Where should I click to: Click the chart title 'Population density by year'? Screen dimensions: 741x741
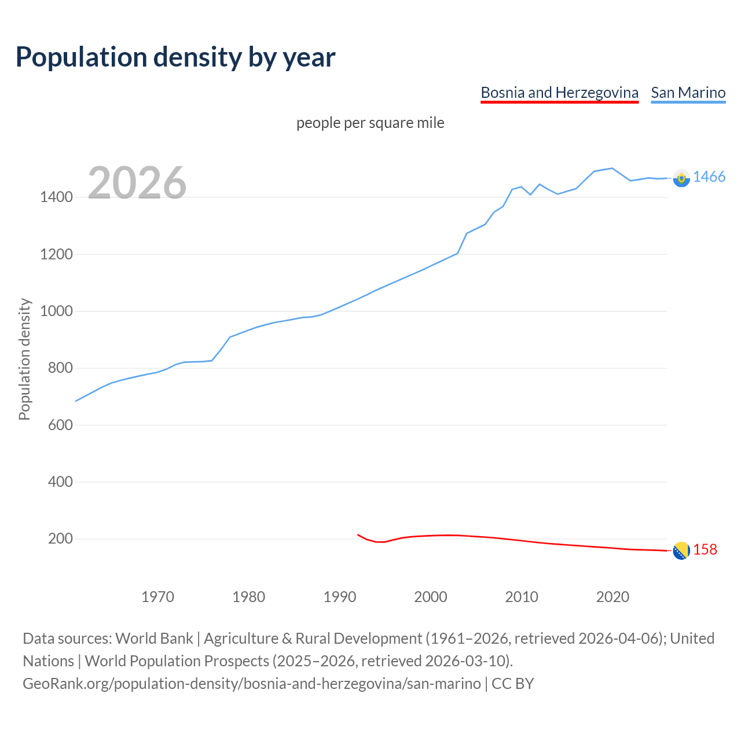pos(175,57)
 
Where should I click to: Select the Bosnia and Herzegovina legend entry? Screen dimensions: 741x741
pos(559,93)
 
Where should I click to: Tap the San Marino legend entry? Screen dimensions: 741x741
pos(688,93)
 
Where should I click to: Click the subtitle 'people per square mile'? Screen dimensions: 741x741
pos(370,123)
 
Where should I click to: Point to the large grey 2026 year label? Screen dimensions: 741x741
pos(137,183)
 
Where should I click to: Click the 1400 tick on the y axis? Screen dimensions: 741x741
pos(56,197)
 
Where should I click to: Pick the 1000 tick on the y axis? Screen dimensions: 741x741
pos(56,311)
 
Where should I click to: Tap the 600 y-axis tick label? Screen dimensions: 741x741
pos(60,425)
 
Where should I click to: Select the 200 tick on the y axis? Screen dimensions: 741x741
pos(60,539)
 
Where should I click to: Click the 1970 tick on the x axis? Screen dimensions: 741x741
pos(157,597)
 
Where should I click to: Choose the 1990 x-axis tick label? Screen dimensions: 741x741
pos(340,597)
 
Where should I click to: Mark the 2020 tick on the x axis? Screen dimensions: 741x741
pos(612,597)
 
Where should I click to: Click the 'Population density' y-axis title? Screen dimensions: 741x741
pos(24,359)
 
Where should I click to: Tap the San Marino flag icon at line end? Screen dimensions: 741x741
pos(681,178)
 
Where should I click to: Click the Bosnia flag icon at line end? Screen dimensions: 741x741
pos(681,551)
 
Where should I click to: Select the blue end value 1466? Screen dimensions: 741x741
pos(709,177)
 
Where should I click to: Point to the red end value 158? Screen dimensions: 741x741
pos(705,549)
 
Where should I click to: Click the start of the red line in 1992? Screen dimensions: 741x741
pos(358,534)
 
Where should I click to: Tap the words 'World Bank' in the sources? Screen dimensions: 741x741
pos(154,639)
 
